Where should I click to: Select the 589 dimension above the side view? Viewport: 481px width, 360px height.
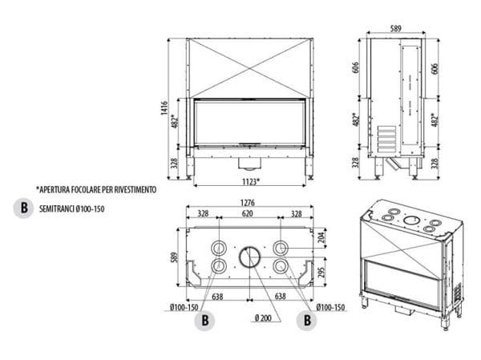(394, 29)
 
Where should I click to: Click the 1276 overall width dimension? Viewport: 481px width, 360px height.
(248, 203)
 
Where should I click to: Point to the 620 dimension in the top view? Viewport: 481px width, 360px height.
(248, 214)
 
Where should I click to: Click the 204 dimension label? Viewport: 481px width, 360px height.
(321, 238)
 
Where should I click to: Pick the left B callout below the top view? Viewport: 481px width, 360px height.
(206, 319)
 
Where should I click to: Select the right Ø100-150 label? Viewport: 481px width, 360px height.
(329, 307)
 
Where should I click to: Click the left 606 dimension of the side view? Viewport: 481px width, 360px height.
(355, 69)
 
